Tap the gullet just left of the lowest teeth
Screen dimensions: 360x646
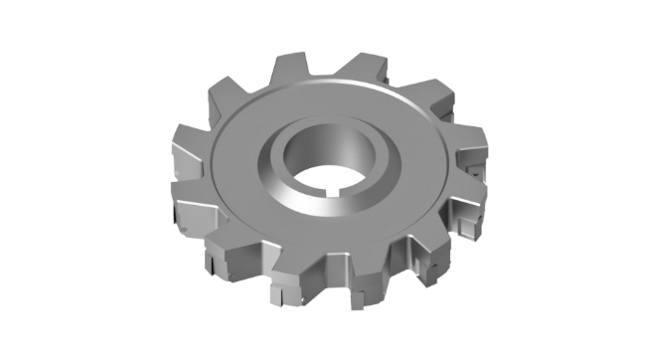coord(253,267)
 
